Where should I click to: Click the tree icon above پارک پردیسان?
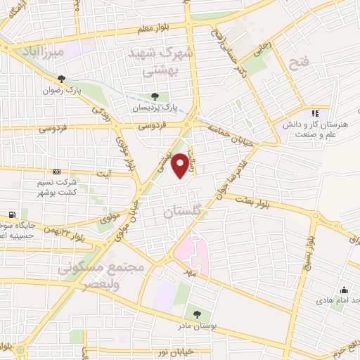tap(155, 97)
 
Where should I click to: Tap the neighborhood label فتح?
tap(299, 64)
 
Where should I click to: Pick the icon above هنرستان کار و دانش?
tap(315, 112)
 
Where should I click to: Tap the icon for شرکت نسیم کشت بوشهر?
tap(57, 172)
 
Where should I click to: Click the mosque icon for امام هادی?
tap(344, 290)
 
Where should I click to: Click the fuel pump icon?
tap(12, 214)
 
